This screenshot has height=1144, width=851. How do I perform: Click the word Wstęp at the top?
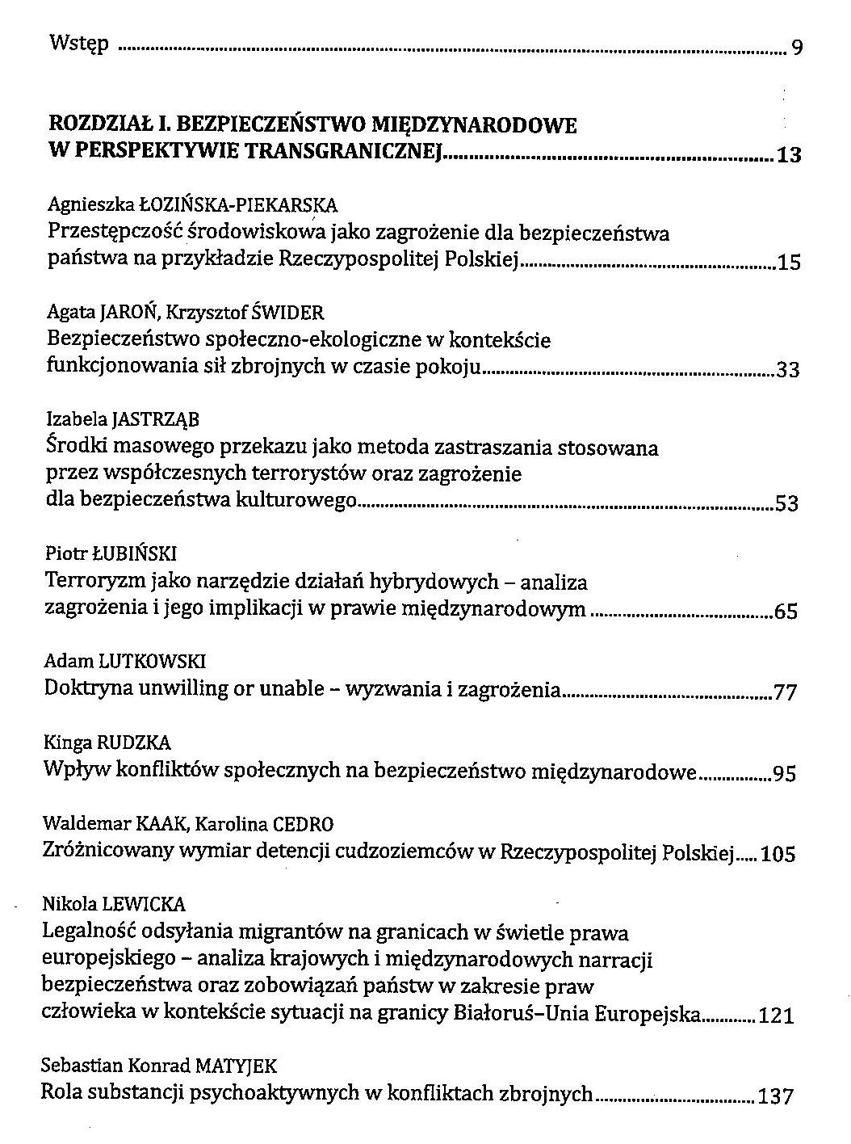pyautogui.click(x=79, y=43)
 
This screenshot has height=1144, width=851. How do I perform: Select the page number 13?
pyautogui.click(x=788, y=155)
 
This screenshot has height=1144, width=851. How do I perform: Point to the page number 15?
pyautogui.click(x=788, y=263)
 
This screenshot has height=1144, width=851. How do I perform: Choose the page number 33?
pyautogui.click(x=787, y=371)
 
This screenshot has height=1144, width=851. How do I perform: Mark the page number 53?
pyautogui.click(x=786, y=504)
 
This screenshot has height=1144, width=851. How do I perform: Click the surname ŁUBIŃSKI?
pyautogui.click(x=134, y=553)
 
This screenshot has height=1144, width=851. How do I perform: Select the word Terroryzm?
pyautogui.click(x=88, y=581)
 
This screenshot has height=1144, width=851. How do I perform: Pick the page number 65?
pyautogui.click(x=786, y=612)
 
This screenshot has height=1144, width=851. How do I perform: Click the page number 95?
pyautogui.click(x=785, y=774)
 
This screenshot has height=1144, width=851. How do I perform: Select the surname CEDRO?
pyautogui.click(x=303, y=825)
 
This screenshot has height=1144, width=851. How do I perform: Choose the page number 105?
pyautogui.click(x=778, y=854)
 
